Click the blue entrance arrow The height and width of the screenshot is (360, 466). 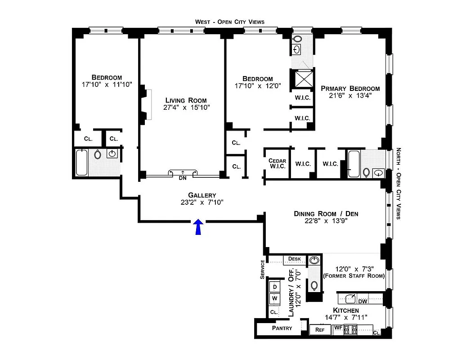pyautogui.click(x=197, y=228)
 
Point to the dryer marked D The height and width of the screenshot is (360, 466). pyautogui.click(x=274, y=286)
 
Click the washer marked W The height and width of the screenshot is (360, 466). pyautogui.click(x=274, y=298)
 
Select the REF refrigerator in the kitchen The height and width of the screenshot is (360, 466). pyautogui.click(x=320, y=329)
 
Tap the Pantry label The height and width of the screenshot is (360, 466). pyautogui.click(x=282, y=328)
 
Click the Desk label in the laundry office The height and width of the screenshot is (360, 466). pyautogui.click(x=294, y=259)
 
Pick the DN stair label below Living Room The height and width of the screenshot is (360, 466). pyautogui.click(x=183, y=178)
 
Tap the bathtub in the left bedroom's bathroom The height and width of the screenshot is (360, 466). pyautogui.click(x=82, y=162)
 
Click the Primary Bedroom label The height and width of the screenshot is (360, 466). pyautogui.click(x=350, y=89)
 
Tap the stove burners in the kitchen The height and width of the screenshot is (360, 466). pyautogui.click(x=350, y=330)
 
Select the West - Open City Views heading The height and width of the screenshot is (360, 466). pyautogui.click(x=229, y=22)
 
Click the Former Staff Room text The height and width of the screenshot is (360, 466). pyautogui.click(x=354, y=276)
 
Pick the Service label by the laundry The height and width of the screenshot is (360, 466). pyautogui.click(x=262, y=270)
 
